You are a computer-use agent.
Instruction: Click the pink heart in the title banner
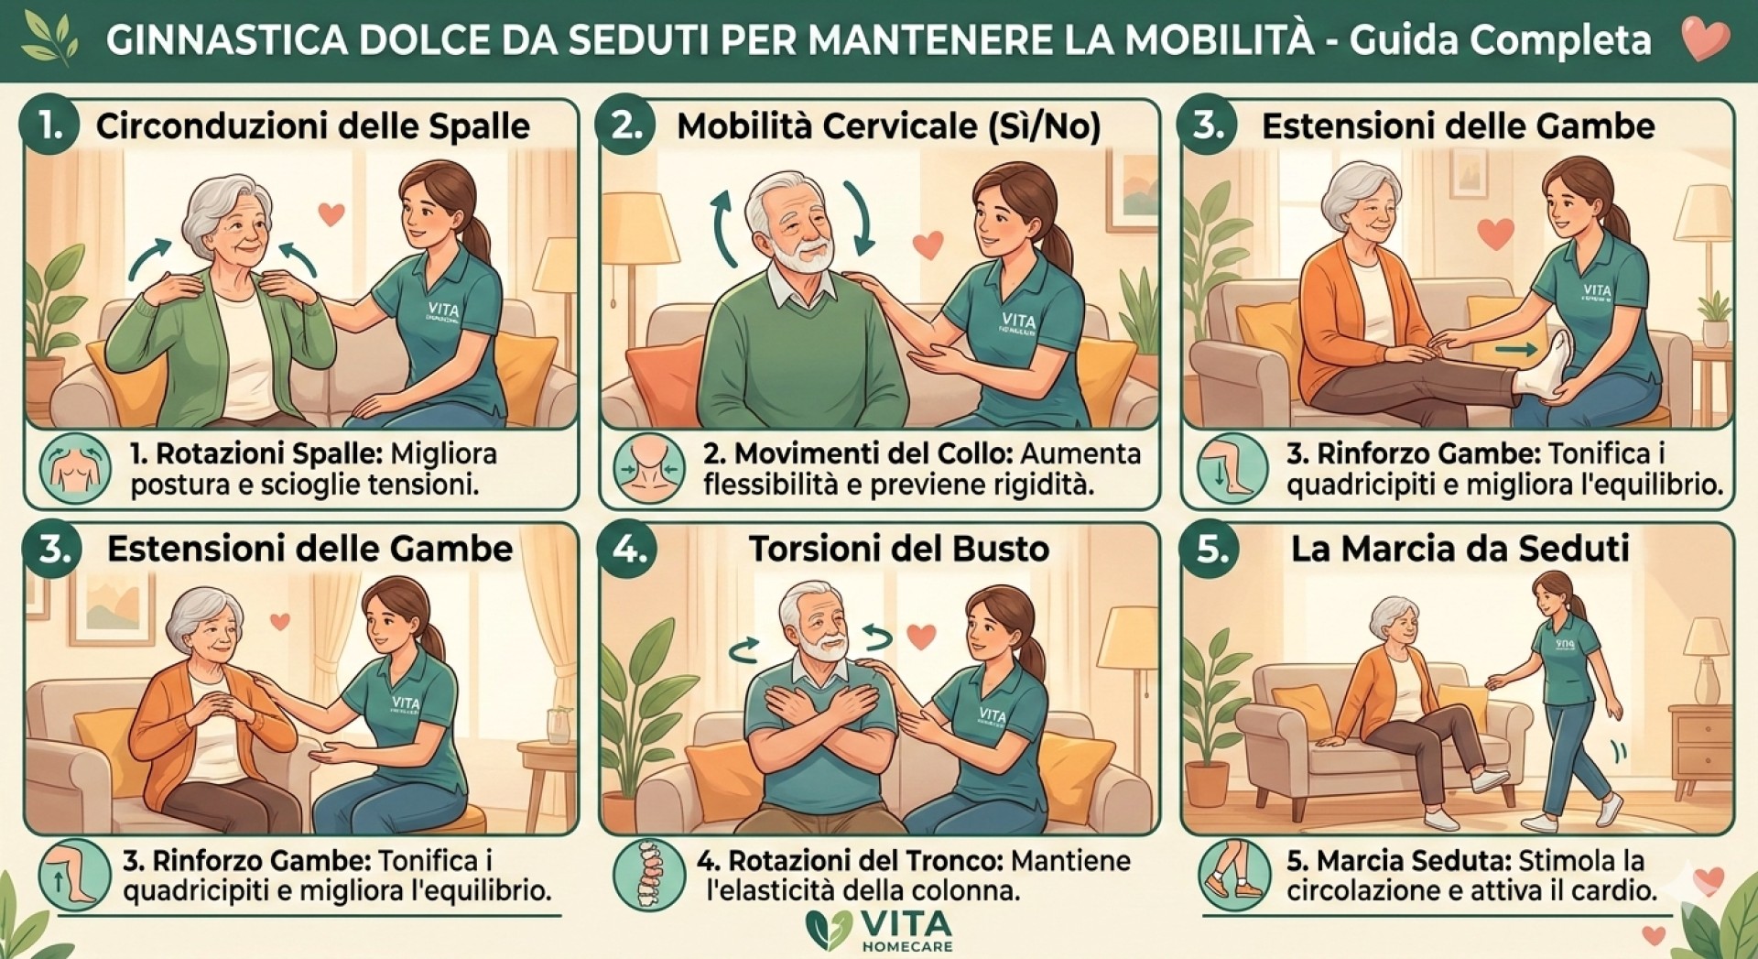1705,38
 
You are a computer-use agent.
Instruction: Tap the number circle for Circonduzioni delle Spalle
50,125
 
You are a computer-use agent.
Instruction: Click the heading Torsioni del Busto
898,549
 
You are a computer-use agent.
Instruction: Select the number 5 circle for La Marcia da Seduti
1210,549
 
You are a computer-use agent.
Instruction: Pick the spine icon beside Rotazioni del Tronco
649,874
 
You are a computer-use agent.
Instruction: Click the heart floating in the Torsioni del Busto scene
921,636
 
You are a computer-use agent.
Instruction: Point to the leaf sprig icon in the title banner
50,38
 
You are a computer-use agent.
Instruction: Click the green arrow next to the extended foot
1517,350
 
